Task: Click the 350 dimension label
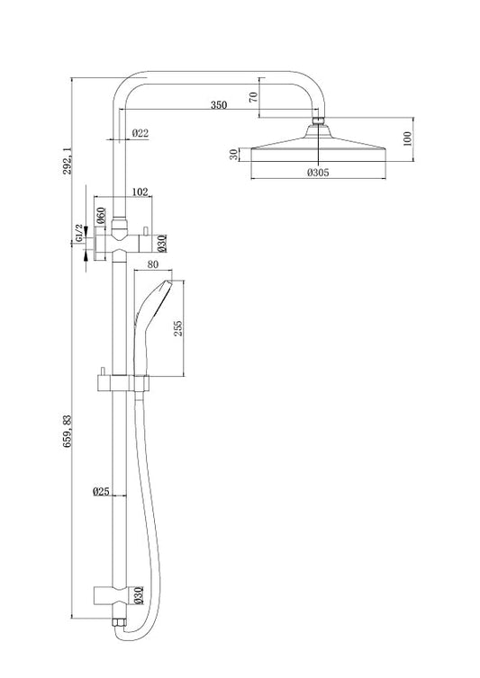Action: [219, 104]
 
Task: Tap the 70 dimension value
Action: [254, 96]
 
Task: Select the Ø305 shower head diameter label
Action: [319, 173]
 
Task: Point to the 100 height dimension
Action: [407, 138]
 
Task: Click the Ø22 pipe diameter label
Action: [140, 133]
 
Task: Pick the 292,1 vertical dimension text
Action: [68, 160]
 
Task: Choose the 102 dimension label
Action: [140, 192]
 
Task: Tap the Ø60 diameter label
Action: [101, 215]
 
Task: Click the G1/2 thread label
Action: [79, 233]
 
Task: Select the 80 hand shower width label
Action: [153, 264]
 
